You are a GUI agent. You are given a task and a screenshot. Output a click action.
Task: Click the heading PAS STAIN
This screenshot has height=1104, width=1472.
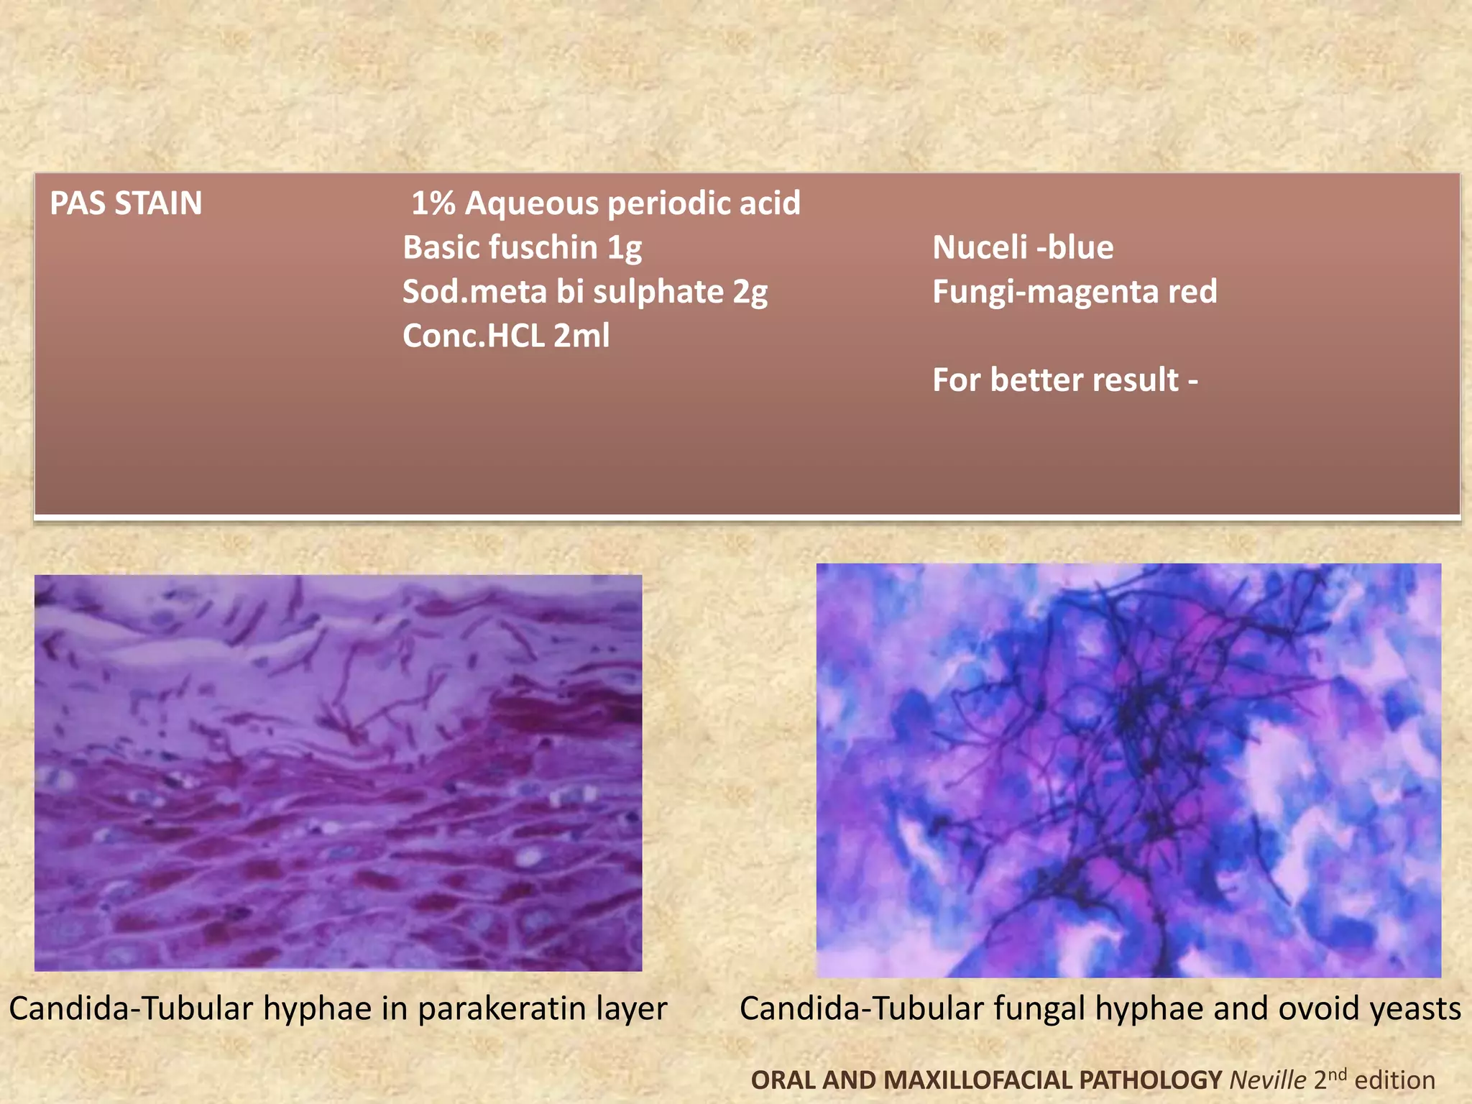pyautogui.click(x=126, y=203)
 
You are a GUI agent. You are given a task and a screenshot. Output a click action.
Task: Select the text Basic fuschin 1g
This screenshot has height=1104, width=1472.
pyautogui.click(x=522, y=248)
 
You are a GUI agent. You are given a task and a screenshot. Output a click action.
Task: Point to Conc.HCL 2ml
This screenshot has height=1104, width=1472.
pyautogui.click(x=506, y=336)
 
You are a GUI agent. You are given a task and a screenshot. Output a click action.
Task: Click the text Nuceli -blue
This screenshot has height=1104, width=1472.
pyautogui.click(x=1022, y=248)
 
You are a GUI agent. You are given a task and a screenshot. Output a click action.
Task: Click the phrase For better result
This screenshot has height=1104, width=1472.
pyautogui.click(x=1056, y=379)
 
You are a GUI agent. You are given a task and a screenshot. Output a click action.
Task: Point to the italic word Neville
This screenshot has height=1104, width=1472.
pyautogui.click(x=1267, y=1080)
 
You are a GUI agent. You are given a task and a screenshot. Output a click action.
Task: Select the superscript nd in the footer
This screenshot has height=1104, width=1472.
pyautogui.click(x=1336, y=1075)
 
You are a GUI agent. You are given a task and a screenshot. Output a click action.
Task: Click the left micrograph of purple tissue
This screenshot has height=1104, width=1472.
pyautogui.click(x=338, y=773)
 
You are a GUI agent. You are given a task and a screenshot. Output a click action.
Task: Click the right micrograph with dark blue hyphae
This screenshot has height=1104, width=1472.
pyautogui.click(x=1128, y=770)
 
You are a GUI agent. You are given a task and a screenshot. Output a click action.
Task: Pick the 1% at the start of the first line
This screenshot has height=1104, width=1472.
pyautogui.click(x=433, y=203)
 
